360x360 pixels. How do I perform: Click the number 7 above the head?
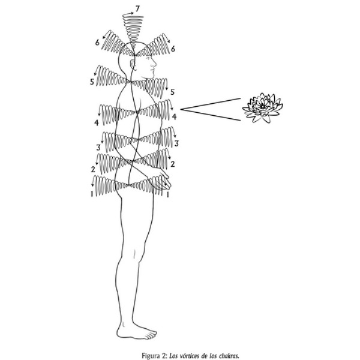(137, 9)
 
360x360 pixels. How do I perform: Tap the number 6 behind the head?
(98, 43)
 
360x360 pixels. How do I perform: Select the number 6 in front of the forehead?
(173, 49)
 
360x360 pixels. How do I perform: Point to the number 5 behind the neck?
(92, 82)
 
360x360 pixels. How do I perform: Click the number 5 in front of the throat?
(172, 92)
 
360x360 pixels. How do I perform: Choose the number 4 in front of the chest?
(174, 116)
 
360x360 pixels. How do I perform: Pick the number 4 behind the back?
(97, 122)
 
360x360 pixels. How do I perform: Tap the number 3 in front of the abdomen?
(176, 143)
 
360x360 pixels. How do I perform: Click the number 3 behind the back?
(98, 148)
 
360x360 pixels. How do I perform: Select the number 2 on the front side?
(173, 164)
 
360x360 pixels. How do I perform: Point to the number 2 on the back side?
(93, 169)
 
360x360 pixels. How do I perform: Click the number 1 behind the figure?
(92, 194)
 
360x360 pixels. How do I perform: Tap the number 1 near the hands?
(168, 194)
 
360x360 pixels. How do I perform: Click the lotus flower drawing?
(263, 107)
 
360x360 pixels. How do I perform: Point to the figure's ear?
(133, 64)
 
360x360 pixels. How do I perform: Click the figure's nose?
(155, 63)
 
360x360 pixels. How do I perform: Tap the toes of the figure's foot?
(152, 334)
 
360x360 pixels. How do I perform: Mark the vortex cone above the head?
(133, 31)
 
